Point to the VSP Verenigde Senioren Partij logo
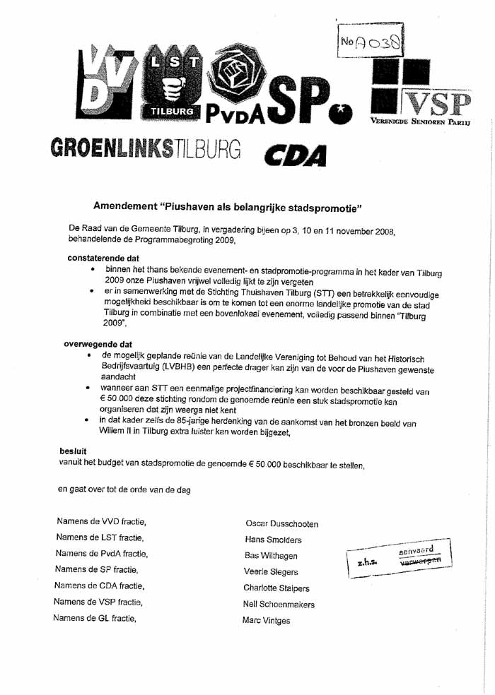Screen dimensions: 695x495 click(421, 92)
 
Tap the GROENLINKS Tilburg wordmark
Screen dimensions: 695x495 click(146, 149)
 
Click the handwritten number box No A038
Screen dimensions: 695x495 click(371, 42)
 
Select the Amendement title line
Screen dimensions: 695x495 click(228, 207)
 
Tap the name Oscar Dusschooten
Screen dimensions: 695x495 click(281, 524)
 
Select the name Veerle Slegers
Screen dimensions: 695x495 click(271, 571)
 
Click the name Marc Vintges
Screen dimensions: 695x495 click(266, 621)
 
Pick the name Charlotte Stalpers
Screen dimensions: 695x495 click(276, 588)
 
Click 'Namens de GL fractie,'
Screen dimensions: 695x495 click(95, 618)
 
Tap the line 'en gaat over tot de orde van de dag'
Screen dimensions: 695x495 click(124, 489)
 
